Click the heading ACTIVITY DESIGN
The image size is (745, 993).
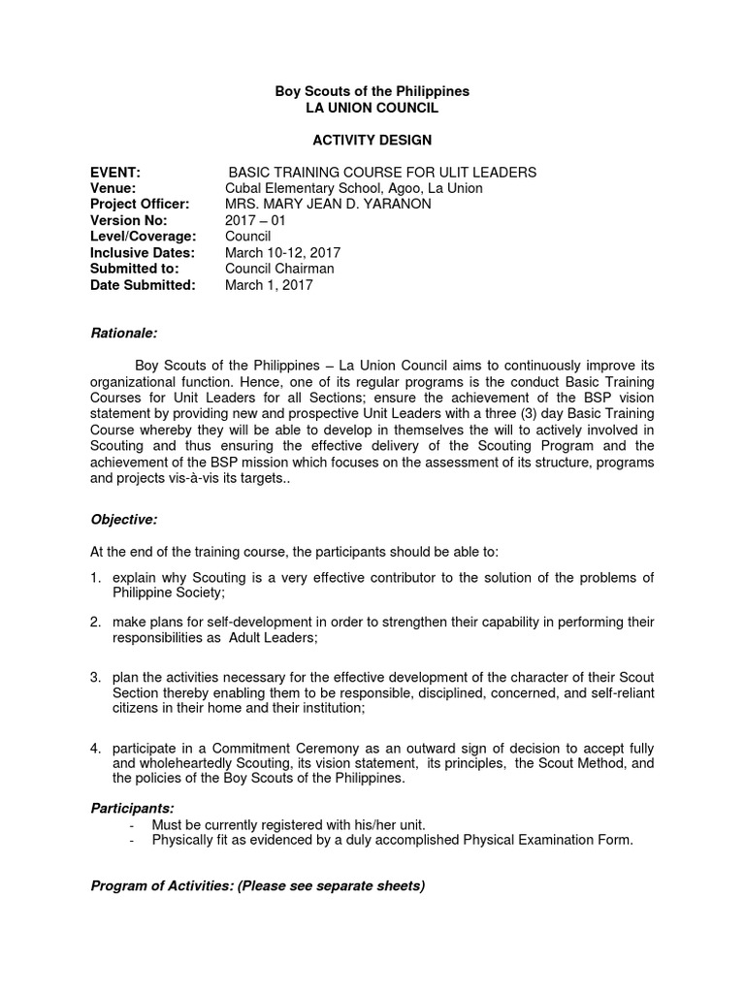pyautogui.click(x=372, y=141)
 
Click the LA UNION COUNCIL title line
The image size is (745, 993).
pyautogui.click(x=372, y=108)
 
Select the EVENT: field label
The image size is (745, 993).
pyautogui.click(x=115, y=173)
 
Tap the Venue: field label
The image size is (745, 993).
pyautogui.click(x=113, y=188)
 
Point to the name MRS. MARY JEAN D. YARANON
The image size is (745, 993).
pyautogui.click(x=328, y=205)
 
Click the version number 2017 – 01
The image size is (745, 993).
pyautogui.click(x=255, y=220)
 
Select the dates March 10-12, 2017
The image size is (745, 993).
pyautogui.click(x=282, y=253)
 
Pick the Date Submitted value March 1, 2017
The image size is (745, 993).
pyautogui.click(x=269, y=285)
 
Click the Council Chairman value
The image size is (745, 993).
pyautogui.click(x=279, y=269)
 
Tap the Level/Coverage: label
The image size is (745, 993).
pyautogui.click(x=144, y=237)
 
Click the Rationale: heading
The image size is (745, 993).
pyautogui.click(x=123, y=333)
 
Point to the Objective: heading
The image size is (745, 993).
pyautogui.click(x=123, y=520)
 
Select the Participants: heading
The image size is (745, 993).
pyautogui.click(x=132, y=808)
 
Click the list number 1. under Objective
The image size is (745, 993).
pyautogui.click(x=96, y=578)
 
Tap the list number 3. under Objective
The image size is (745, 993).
pyautogui.click(x=96, y=676)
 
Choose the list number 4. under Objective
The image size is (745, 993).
pyautogui.click(x=96, y=749)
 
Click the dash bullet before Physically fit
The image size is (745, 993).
pyautogui.click(x=132, y=840)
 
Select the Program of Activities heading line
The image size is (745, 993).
pyautogui.click(x=257, y=886)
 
